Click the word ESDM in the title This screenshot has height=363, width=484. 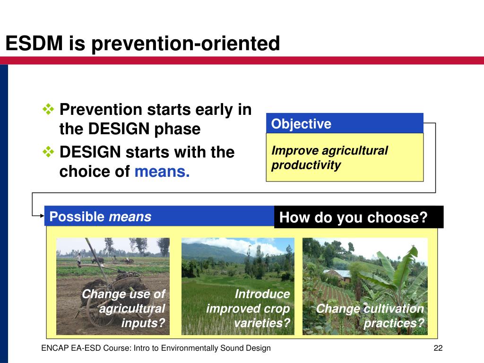click(34, 43)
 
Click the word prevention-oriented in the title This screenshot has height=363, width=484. click(186, 43)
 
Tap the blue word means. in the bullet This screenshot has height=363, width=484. click(162, 171)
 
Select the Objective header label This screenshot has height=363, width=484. click(301, 124)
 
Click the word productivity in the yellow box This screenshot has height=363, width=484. click(306, 165)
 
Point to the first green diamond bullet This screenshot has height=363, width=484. click(49, 109)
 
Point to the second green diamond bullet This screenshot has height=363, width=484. click(49, 152)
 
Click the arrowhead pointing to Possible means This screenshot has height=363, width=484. click(42, 216)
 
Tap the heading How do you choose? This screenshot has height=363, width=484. click(354, 217)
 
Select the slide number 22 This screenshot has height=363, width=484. click(438, 348)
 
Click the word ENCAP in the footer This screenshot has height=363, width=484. click(55, 348)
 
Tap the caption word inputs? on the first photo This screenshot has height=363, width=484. click(143, 323)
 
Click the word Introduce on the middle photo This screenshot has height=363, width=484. click(262, 294)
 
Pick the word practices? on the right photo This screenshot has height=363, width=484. click(394, 323)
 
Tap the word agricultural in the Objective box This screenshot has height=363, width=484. click(354, 151)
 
